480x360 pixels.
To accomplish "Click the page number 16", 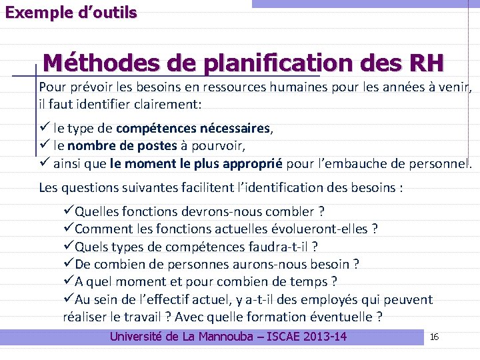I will click(x=434, y=337).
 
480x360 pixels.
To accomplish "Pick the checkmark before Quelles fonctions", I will click(x=68, y=212).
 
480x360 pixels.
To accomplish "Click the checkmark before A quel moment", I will click(x=68, y=282).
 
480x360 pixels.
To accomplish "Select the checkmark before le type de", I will click(x=45, y=128).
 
